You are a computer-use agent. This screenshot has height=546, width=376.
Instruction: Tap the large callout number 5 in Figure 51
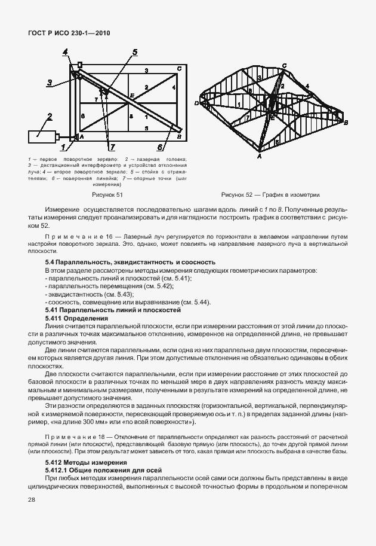pyautogui.click(x=135, y=52)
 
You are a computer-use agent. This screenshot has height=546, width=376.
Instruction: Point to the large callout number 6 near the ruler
pyautogui.click(x=161, y=146)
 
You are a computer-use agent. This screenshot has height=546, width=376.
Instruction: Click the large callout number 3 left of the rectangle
pyautogui.click(x=51, y=83)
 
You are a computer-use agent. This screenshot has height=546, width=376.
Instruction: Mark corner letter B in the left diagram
pyautogui.click(x=178, y=136)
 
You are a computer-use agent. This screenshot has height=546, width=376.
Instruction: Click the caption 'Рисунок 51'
pyautogui.click(x=107, y=194)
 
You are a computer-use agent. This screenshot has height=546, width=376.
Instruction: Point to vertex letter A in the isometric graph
pyautogui.click(x=259, y=157)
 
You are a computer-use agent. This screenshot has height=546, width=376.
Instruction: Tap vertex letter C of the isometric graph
pyautogui.click(x=283, y=65)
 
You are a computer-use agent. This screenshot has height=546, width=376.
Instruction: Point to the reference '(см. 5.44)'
pyautogui.click(x=198, y=303)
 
